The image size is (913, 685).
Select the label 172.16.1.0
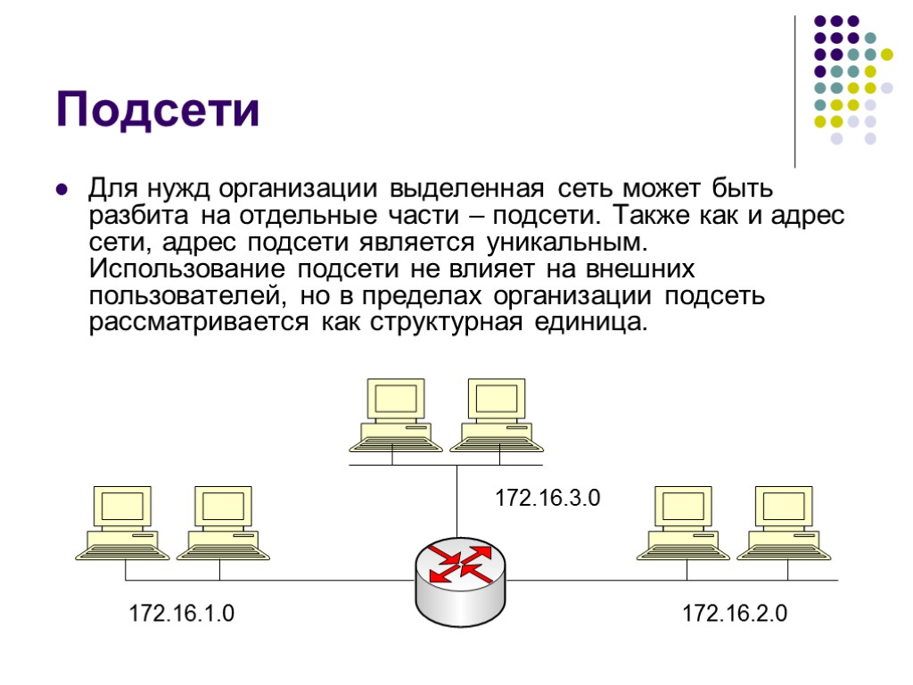tap(182, 614)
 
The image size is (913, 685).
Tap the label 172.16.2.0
tap(735, 614)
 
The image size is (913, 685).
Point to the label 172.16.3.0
tap(548, 499)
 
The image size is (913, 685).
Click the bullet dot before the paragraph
tap(62, 190)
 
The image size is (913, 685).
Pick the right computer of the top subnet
tap(495, 415)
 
